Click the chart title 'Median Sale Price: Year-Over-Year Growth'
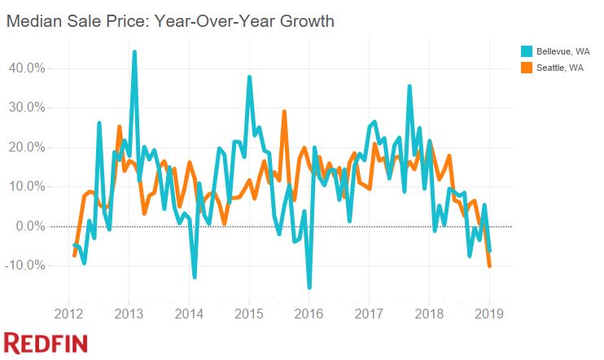(170, 21)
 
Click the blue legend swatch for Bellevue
(527, 51)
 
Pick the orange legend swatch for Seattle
(527, 68)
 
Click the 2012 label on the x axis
(69, 314)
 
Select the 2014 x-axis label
(189, 314)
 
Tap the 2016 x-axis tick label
(309, 314)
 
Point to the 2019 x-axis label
(489, 314)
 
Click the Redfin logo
(46, 343)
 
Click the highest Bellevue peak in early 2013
(134, 52)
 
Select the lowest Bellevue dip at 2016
(309, 288)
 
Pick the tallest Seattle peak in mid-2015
(284, 112)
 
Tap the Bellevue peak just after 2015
(249, 77)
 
